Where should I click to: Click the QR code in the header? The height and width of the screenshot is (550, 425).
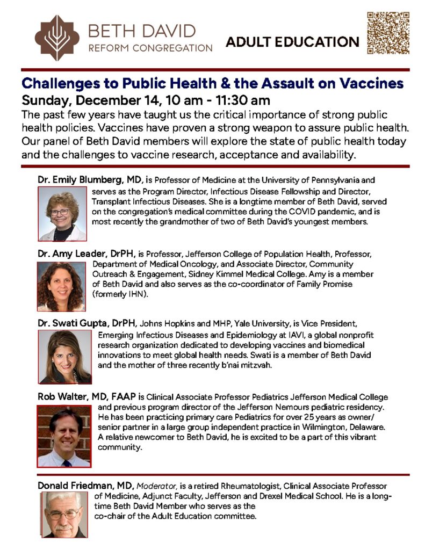(387, 33)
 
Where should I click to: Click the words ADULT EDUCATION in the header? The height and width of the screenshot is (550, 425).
(293, 42)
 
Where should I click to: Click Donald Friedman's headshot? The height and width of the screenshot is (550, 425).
(64, 515)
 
